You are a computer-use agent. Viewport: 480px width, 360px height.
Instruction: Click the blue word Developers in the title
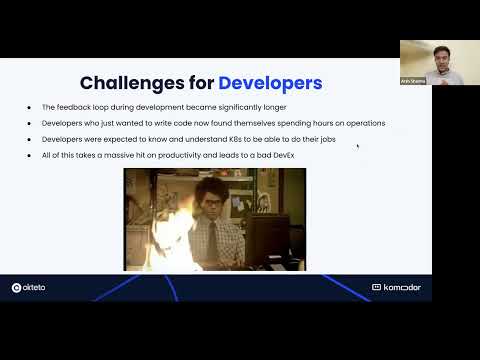click(x=270, y=82)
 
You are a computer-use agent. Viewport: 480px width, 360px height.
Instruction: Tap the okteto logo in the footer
click(x=31, y=287)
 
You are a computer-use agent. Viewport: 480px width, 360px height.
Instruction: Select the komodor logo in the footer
click(x=397, y=287)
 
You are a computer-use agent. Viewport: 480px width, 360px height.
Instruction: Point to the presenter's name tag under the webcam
click(x=412, y=80)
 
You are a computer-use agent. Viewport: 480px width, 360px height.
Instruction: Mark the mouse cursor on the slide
click(x=357, y=146)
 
